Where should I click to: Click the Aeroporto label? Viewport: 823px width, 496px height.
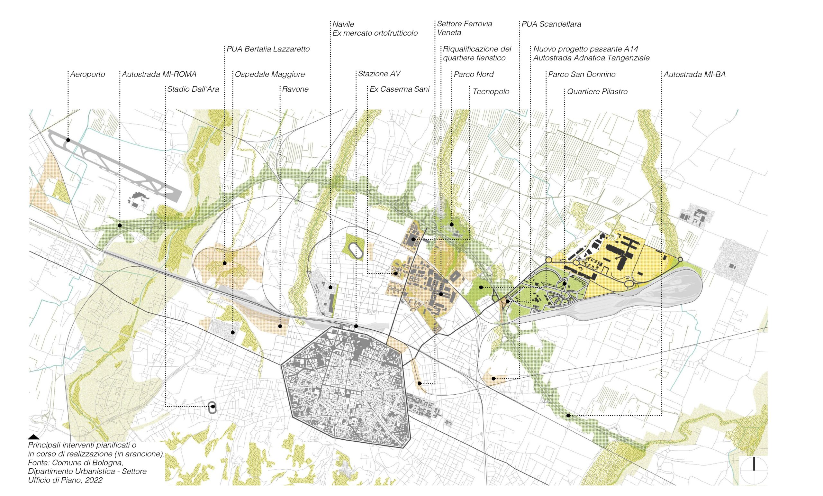click(87, 74)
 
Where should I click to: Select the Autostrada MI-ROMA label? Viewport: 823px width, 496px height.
click(159, 74)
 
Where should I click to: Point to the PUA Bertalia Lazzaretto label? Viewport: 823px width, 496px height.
click(268, 49)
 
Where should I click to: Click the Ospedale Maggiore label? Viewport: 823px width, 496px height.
click(269, 74)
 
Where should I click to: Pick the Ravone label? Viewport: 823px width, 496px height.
click(295, 89)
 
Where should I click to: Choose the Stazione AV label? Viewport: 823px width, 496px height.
click(379, 74)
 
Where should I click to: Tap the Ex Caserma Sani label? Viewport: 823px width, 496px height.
click(399, 89)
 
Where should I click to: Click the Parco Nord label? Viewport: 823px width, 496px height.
click(473, 75)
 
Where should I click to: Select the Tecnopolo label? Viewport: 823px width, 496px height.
click(491, 92)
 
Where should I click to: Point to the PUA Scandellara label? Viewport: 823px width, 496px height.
click(551, 24)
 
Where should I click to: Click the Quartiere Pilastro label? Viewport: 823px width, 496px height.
click(597, 92)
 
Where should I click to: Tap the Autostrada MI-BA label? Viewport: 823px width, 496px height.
click(694, 75)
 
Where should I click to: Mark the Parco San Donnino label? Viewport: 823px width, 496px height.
click(582, 75)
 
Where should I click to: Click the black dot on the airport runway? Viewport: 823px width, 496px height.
click(68, 140)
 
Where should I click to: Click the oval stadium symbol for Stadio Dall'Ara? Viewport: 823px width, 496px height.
click(213, 408)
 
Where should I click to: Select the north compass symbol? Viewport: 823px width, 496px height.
click(754, 470)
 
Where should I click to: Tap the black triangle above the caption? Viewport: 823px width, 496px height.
click(33, 437)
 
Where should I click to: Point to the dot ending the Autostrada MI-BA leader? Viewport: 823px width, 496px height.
click(568, 416)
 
